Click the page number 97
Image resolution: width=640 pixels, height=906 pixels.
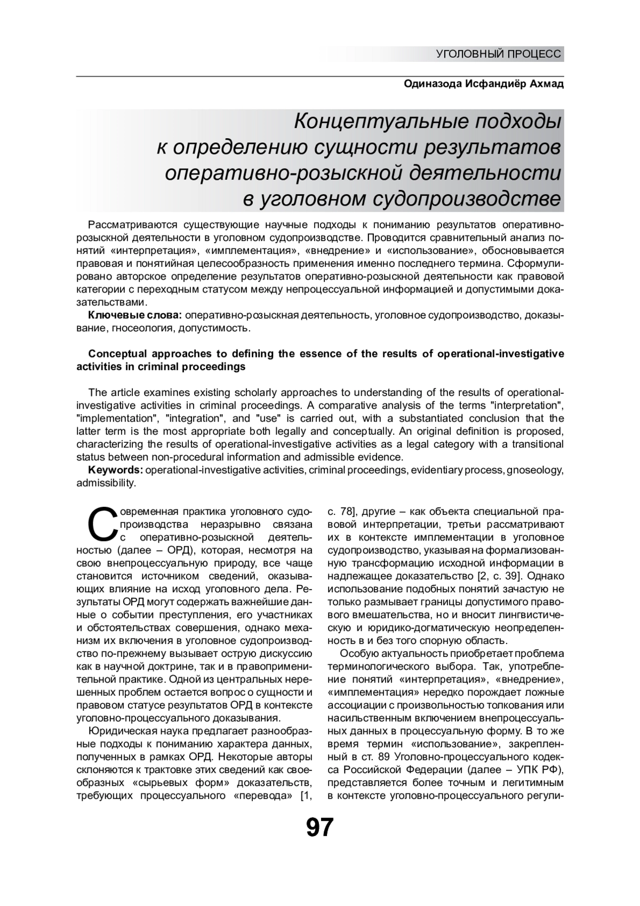(319, 828)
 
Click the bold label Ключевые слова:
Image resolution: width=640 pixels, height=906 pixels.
(135, 316)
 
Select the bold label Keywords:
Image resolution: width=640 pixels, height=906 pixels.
(115, 470)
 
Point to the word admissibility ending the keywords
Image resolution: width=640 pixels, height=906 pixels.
(106, 483)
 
